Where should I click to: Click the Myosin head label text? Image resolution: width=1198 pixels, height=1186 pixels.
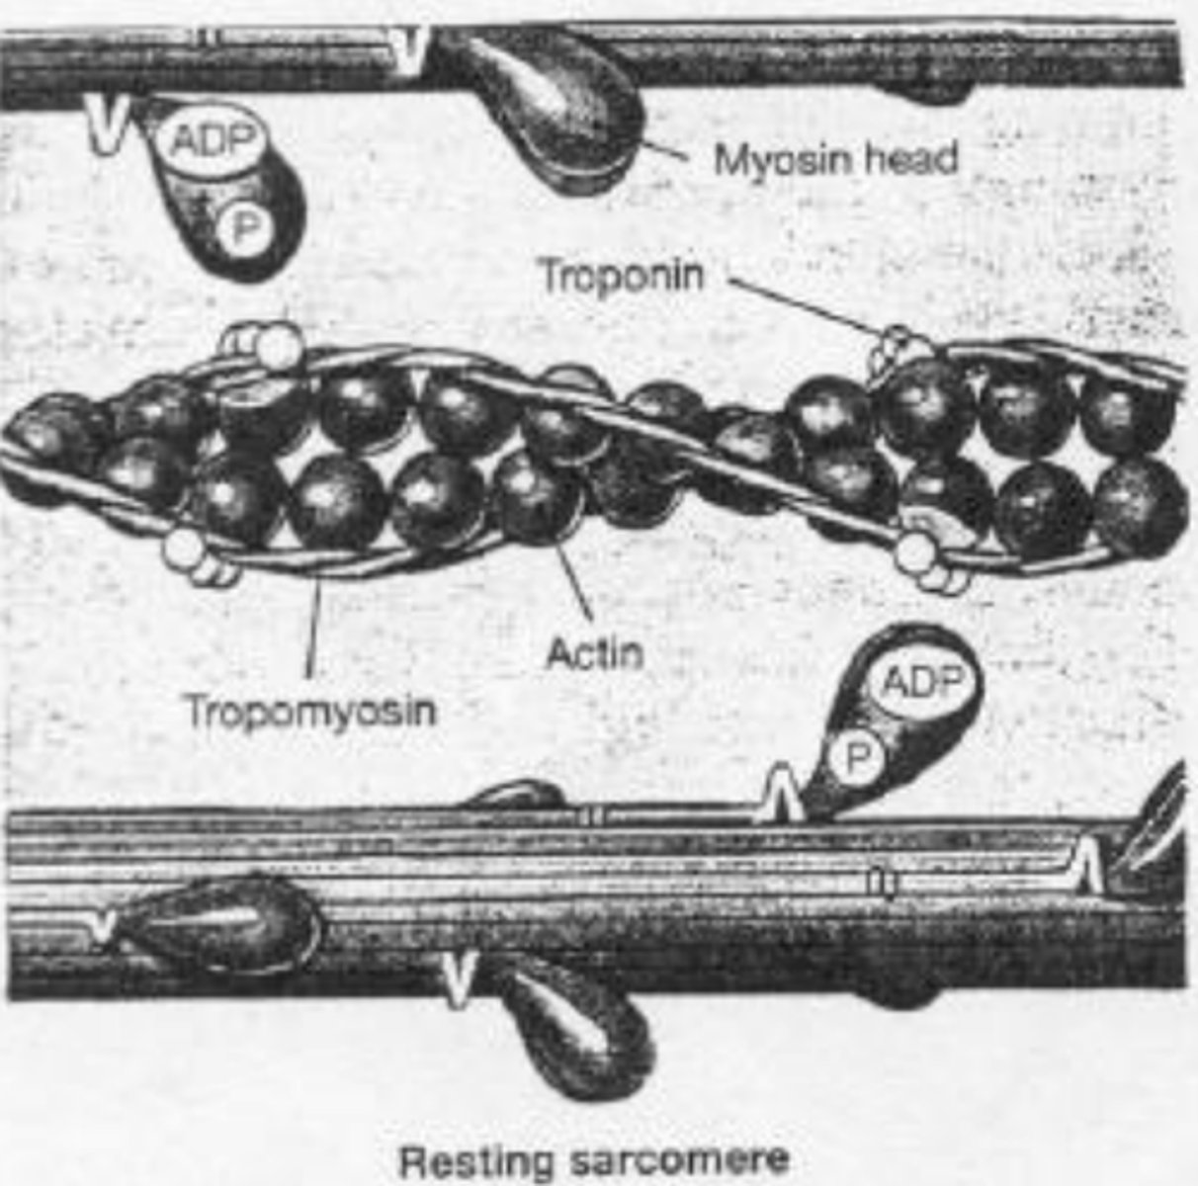pyautogui.click(x=835, y=159)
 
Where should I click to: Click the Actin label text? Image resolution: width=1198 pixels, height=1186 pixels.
pyautogui.click(x=594, y=653)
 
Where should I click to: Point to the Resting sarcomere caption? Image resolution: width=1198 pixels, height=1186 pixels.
pyautogui.click(x=593, y=1159)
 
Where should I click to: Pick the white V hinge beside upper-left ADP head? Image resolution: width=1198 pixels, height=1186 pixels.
pyautogui.click(x=107, y=125)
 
